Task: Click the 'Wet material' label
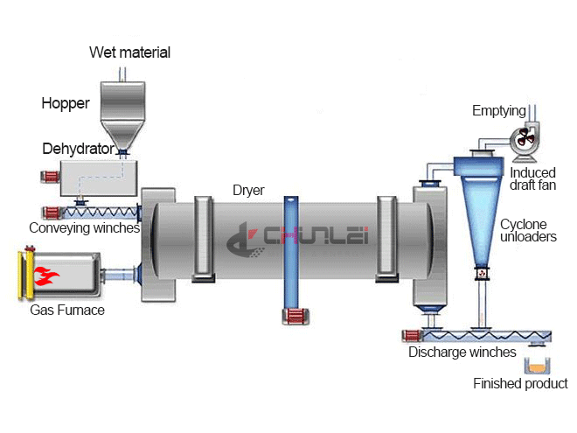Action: [x=129, y=52]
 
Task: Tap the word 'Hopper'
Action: [x=66, y=103]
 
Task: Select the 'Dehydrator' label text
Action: [x=78, y=149]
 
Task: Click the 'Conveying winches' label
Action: [x=84, y=228]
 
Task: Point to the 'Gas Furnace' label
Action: [x=66, y=309]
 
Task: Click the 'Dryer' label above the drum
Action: [x=248, y=190]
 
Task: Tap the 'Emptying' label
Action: [x=498, y=111]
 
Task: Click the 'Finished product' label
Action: [x=520, y=383]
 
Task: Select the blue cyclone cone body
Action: [x=478, y=210]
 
